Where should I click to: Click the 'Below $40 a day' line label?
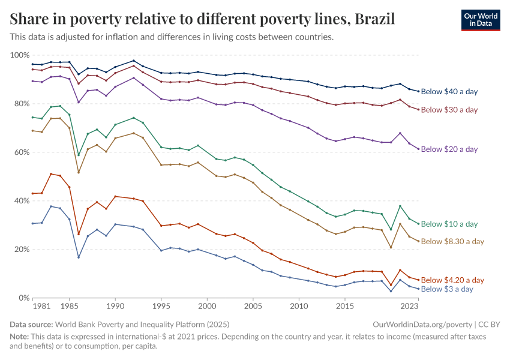[449, 92]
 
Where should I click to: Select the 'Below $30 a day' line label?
[449, 110]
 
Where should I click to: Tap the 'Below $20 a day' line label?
[449, 149]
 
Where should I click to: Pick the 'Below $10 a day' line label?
[449, 224]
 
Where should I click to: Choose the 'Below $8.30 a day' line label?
[452, 241]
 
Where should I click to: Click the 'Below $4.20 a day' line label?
[452, 280]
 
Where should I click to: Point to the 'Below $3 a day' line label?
[448, 289]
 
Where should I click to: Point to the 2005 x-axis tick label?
[253, 307]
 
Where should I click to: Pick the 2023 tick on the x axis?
[410, 307]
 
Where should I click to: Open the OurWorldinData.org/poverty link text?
[418, 324]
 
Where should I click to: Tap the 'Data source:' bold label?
[34, 324]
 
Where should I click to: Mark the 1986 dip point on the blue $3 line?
[79, 257]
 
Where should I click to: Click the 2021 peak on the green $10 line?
[400, 206]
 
